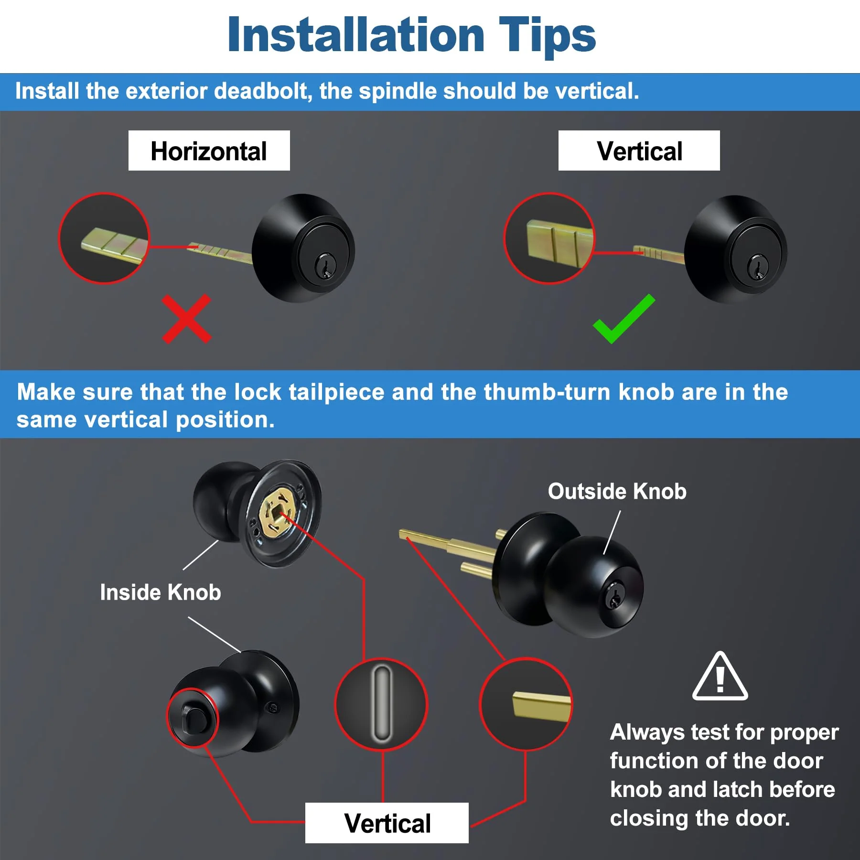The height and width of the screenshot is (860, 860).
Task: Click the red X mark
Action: (x=186, y=319)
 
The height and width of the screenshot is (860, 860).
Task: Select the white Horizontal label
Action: (x=209, y=150)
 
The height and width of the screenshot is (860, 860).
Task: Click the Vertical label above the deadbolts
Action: (x=639, y=150)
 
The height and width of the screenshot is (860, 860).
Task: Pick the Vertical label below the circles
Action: (x=387, y=823)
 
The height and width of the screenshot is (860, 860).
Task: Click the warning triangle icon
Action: (x=720, y=676)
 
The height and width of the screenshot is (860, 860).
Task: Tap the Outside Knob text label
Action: (x=617, y=491)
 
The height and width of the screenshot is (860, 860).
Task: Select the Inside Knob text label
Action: (x=161, y=592)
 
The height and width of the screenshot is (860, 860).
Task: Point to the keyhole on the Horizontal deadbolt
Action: (x=325, y=266)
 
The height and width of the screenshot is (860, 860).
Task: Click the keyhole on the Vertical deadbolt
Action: (x=757, y=267)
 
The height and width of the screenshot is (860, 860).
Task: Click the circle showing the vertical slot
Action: (x=381, y=705)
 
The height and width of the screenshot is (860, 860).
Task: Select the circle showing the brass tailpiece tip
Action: (x=526, y=704)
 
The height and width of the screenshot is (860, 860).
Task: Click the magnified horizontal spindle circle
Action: (x=104, y=238)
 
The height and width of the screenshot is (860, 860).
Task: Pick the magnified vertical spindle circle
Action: (x=550, y=238)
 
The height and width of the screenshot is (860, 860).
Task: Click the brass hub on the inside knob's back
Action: (x=277, y=514)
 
